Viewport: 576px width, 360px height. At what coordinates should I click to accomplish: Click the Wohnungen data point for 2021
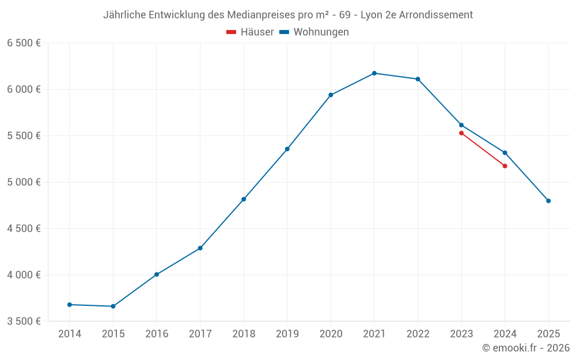coord(374,73)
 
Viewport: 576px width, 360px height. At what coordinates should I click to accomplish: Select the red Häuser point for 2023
coord(461,133)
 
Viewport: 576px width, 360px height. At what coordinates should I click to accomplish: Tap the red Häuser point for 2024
coord(505,166)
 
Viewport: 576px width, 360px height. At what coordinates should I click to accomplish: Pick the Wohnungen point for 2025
coord(548,201)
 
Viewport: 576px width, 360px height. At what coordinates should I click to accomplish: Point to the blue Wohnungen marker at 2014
coord(70,305)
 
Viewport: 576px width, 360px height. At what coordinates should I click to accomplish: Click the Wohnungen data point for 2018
coord(244,199)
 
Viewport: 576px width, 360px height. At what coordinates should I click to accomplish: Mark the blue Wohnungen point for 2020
coord(331,95)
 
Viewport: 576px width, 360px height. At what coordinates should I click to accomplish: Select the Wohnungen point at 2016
coord(157,275)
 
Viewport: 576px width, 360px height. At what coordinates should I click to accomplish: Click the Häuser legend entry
coord(250,32)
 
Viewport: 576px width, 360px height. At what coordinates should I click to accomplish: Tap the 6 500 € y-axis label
coord(24,43)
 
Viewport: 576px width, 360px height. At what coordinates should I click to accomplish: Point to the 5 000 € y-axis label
coord(24,182)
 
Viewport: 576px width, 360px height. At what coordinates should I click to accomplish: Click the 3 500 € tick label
coord(24,321)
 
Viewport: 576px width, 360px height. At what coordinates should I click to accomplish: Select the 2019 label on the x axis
coord(287,334)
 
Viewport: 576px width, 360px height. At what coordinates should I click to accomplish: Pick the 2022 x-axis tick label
coord(418,334)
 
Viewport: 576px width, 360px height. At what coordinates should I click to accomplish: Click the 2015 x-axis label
coord(113,334)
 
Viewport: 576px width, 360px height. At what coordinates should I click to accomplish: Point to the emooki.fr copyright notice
coord(525,348)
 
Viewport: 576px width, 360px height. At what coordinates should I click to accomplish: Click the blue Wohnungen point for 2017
coord(200,248)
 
